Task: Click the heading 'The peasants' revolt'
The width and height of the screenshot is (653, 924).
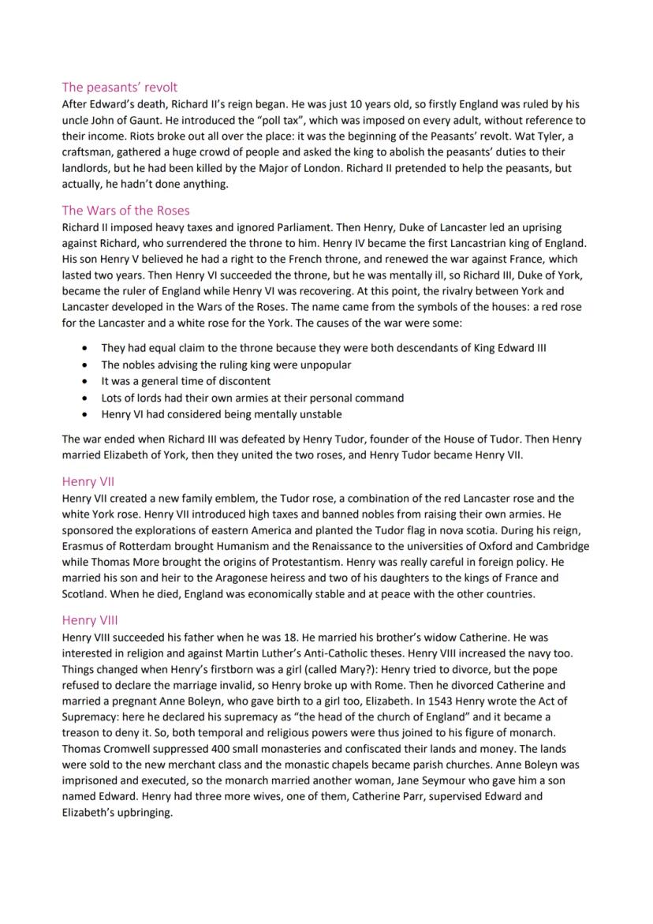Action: click(120, 87)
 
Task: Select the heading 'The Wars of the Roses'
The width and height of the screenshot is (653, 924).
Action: click(125, 211)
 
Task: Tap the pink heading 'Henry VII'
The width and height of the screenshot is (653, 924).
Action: click(89, 481)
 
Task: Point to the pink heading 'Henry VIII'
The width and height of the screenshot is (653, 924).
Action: click(91, 620)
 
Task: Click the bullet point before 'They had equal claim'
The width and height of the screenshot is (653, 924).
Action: click(85, 348)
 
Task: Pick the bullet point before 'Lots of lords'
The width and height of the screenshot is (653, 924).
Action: click(85, 398)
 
